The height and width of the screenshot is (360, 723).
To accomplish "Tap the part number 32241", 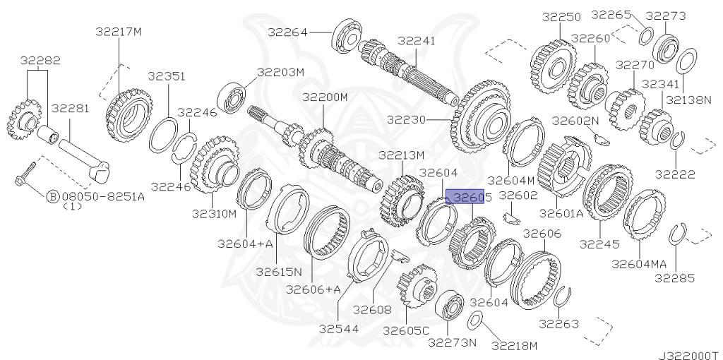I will click(x=417, y=41).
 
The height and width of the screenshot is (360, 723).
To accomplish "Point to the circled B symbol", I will click(x=52, y=197).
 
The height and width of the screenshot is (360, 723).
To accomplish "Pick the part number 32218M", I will click(x=515, y=345).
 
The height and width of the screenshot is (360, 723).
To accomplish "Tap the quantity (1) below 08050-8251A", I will click(x=73, y=207).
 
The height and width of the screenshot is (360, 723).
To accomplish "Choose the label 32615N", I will click(x=279, y=271).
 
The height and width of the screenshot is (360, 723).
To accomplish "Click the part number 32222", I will click(x=675, y=173).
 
